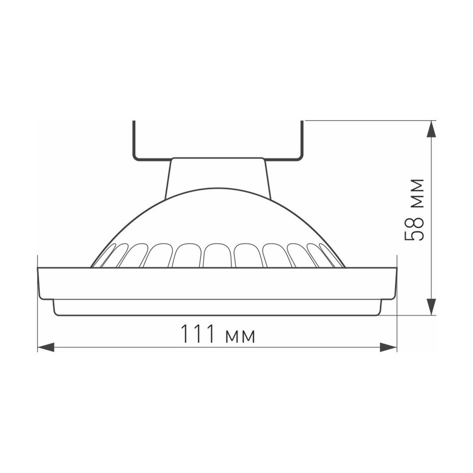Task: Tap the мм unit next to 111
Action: click(x=240, y=336)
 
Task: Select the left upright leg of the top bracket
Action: click(x=134, y=140)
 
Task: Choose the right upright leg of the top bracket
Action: click(x=301, y=140)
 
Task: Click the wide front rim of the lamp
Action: click(x=217, y=283)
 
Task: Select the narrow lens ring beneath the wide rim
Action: click(x=217, y=307)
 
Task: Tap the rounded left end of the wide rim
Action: click(x=40, y=284)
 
